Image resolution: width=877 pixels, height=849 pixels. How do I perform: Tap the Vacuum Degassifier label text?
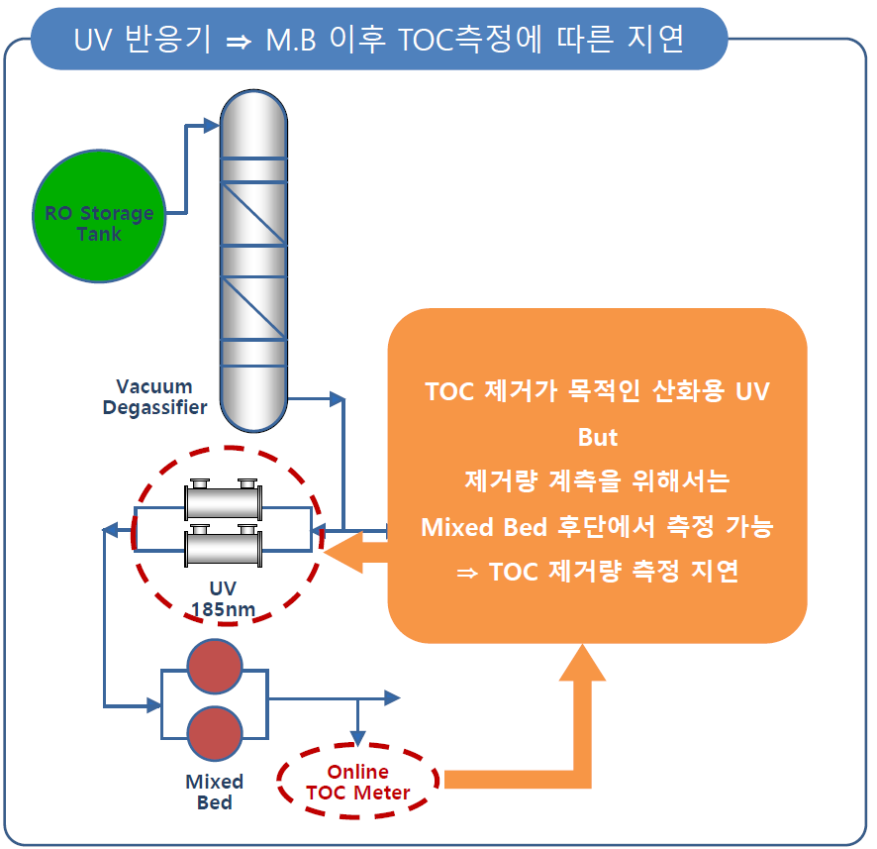(155, 396)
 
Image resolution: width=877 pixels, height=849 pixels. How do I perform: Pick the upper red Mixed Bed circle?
(215, 666)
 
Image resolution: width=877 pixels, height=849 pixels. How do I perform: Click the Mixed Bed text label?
(215, 792)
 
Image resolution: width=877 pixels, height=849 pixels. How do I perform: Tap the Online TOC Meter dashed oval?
(358, 783)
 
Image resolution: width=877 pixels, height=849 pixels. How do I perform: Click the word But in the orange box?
(598, 437)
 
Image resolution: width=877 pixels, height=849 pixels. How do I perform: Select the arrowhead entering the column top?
(210, 125)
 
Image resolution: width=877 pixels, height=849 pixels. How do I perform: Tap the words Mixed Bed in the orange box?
(484, 527)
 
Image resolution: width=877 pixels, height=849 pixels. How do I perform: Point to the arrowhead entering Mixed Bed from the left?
(153, 705)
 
